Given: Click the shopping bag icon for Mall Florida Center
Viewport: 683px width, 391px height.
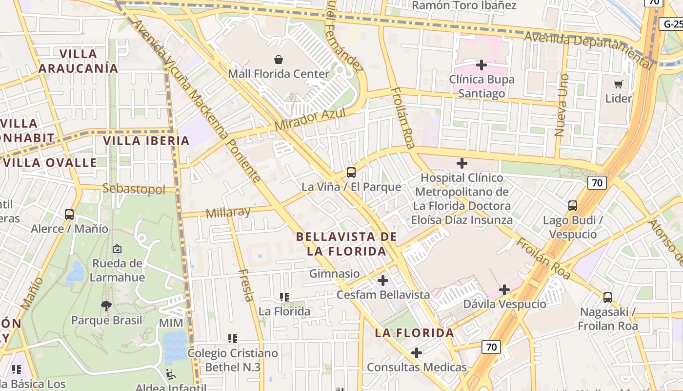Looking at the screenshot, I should click(278, 60).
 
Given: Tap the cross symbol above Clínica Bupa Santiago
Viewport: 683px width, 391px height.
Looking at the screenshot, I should click(482, 65).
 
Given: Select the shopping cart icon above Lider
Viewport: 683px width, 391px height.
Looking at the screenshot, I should click(619, 84).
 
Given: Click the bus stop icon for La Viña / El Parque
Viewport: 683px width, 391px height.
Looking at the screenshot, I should click(351, 172).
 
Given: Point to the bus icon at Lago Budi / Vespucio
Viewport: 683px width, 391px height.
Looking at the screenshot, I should click(573, 206).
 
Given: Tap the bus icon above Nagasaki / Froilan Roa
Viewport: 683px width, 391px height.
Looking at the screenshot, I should click(608, 297).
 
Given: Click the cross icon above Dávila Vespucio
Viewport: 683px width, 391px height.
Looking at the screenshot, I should click(504, 290).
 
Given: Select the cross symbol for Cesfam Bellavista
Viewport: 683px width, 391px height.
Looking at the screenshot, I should click(383, 281).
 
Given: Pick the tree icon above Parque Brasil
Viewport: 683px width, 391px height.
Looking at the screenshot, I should click(106, 306).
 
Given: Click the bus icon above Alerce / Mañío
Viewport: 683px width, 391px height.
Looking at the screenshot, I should click(69, 214).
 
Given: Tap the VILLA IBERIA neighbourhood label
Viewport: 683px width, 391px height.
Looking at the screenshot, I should click(146, 141).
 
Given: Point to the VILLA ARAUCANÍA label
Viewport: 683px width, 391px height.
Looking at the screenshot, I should click(78, 61).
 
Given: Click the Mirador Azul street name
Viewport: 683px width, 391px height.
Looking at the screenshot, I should click(310, 119).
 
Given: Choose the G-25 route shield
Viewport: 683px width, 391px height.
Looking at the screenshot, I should click(672, 24).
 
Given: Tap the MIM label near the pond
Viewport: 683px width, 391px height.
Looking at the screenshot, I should click(171, 323).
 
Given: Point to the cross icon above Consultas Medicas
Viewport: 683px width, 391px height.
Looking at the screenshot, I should click(417, 352).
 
